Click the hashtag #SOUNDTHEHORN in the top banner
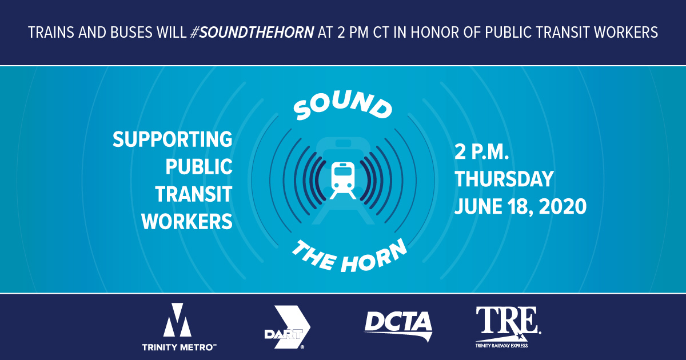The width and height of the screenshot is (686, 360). pyautogui.click(x=253, y=33)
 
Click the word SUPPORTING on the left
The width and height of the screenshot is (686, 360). pyautogui.click(x=173, y=140)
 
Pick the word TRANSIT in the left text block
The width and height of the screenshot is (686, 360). pyautogui.click(x=194, y=194)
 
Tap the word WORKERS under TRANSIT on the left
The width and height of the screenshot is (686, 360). pyautogui.click(x=187, y=222)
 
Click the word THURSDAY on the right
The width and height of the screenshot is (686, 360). pyautogui.click(x=504, y=179)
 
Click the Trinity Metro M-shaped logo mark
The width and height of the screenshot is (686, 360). pyautogui.click(x=178, y=321)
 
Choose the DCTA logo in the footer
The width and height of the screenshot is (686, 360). pyautogui.click(x=398, y=323)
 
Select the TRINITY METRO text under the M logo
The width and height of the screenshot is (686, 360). pyautogui.click(x=178, y=346)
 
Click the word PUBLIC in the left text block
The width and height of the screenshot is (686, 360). pyautogui.click(x=199, y=167)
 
